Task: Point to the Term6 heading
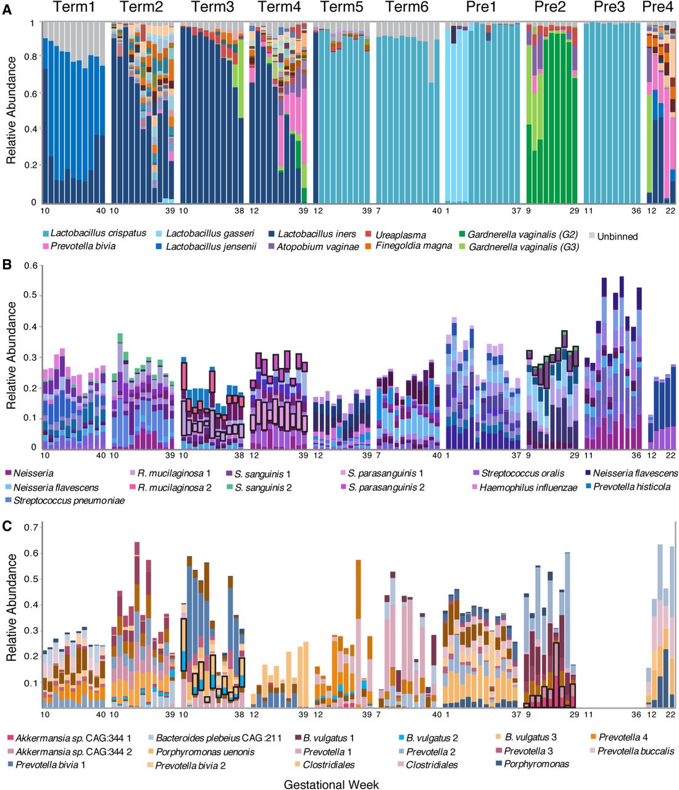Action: pyautogui.click(x=406, y=7)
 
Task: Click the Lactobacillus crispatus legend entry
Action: pyautogui.click(x=98, y=233)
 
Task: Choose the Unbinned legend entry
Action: pyautogui.click(x=617, y=236)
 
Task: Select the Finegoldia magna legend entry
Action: pyautogui.click(x=413, y=246)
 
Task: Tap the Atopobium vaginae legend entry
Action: pyautogui.click(x=317, y=247)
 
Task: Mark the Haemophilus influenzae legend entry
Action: pyautogui.click(x=528, y=488)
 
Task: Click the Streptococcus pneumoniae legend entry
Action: pyautogui.click(x=69, y=501)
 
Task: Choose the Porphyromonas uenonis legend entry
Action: pyautogui.click(x=204, y=751)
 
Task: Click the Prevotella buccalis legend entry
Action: pyautogui.click(x=635, y=751)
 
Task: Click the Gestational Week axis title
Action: pyautogui.click(x=331, y=784)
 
